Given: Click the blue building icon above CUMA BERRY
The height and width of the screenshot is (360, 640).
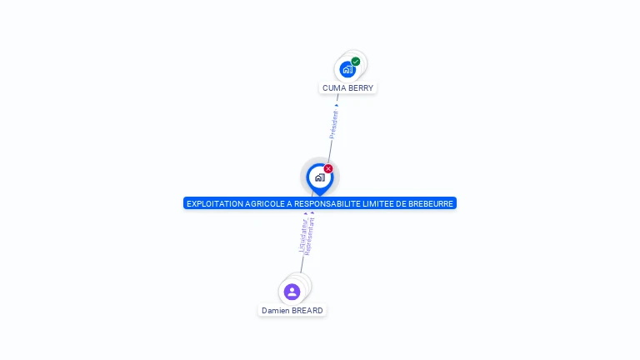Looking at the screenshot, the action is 347,69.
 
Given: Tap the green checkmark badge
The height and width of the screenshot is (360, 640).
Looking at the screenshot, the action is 356,62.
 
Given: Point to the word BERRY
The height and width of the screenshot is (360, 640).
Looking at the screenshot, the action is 360,87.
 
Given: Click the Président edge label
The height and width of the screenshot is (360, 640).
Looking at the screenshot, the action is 334,124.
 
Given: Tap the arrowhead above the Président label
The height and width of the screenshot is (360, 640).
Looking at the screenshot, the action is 337,105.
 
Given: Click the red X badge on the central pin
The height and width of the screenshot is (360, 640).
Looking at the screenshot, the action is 328,168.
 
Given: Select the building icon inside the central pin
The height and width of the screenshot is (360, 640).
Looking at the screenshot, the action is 319,177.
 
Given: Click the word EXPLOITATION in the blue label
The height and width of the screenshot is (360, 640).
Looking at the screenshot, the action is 213,203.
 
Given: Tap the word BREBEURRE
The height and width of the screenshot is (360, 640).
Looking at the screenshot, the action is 431,203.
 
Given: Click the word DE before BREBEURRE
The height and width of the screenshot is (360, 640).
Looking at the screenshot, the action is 400,203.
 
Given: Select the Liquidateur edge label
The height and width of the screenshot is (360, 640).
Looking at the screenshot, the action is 302,235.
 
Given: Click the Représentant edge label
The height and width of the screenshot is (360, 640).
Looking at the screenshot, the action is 309,237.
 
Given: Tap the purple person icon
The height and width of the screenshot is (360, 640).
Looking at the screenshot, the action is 292,292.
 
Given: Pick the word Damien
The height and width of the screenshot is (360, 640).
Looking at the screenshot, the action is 275,311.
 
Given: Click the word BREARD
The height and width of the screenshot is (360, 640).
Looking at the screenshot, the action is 307,311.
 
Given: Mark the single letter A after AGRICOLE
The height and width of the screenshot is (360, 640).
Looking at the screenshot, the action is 287,203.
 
